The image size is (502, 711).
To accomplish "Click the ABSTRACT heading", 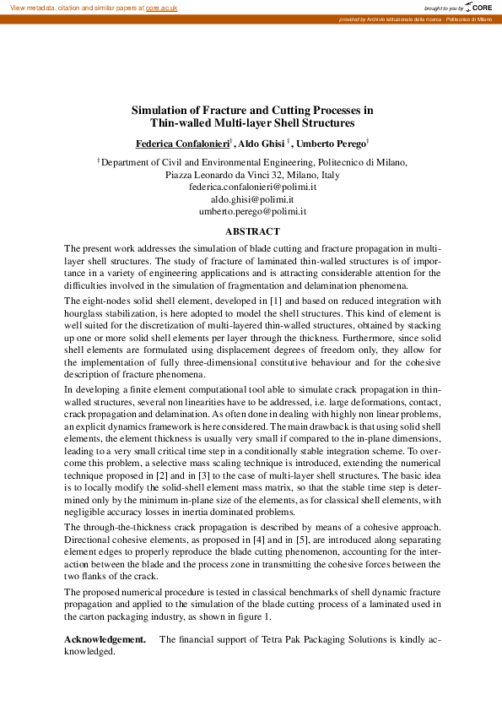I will (x=252, y=231).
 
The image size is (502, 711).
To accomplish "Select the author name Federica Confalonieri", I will (x=182, y=144).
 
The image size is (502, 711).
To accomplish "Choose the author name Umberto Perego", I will (x=336, y=144).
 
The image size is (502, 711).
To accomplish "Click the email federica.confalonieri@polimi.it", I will (x=252, y=186).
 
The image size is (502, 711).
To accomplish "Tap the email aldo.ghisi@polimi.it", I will (x=252, y=199).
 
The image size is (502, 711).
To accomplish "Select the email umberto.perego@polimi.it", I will (x=252, y=213).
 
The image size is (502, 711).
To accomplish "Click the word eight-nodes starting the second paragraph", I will (x=100, y=301).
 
